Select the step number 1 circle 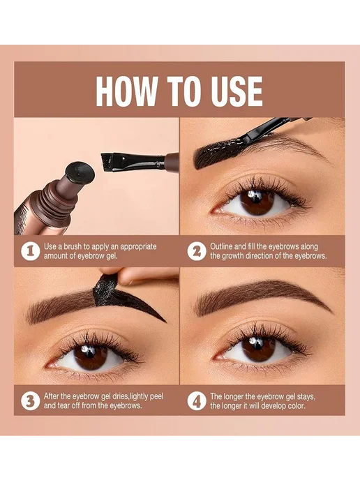tap(30, 251)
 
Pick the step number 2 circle tap(197, 251)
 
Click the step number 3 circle tap(30, 401)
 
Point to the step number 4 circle tap(197, 401)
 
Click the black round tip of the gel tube tap(80, 172)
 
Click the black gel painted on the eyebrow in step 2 tap(220, 151)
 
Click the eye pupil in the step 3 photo tap(90, 356)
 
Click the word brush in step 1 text tap(73, 247)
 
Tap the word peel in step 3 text tap(157, 397)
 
